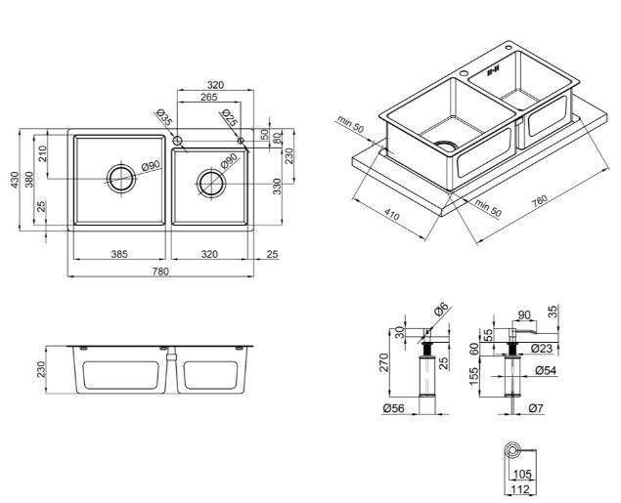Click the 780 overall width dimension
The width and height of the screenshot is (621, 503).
click(x=160, y=272)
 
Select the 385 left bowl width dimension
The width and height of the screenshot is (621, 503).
click(x=119, y=254)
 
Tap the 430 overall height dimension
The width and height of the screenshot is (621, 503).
click(x=15, y=180)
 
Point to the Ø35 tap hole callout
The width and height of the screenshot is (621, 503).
click(x=164, y=117)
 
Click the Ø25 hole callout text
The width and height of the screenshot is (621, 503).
click(x=230, y=117)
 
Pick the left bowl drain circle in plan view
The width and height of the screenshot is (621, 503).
click(x=121, y=179)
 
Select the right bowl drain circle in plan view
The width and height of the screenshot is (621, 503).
click(x=211, y=184)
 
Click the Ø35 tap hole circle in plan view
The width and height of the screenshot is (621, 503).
click(x=177, y=141)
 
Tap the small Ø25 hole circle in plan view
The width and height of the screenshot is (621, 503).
click(x=241, y=141)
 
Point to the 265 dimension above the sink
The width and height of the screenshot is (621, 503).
click(x=208, y=97)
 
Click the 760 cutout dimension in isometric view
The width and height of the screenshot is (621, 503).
click(x=540, y=200)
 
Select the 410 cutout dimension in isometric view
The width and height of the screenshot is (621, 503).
click(x=392, y=214)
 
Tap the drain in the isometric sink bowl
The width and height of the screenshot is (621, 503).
click(x=447, y=145)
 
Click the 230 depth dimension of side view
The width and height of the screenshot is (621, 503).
click(x=42, y=369)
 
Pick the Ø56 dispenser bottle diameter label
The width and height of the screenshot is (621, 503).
click(x=394, y=408)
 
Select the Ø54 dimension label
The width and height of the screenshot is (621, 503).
click(x=546, y=370)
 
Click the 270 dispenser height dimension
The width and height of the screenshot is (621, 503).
click(x=383, y=362)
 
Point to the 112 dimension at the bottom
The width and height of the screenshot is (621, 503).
click(x=520, y=489)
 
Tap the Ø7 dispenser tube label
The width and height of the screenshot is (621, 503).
click(x=536, y=408)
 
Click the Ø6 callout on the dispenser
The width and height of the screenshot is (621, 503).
click(x=440, y=309)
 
